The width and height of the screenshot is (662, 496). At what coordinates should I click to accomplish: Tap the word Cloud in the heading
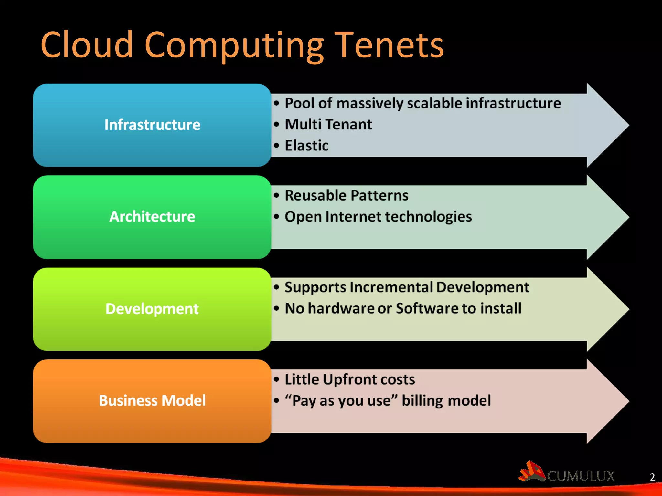pyautogui.click(x=87, y=45)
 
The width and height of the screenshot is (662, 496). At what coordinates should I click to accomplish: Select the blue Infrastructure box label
pyautogui.click(x=152, y=125)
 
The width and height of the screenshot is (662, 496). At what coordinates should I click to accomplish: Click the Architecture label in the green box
pyautogui.click(x=152, y=217)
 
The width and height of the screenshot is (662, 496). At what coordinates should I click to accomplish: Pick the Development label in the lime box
pyautogui.click(x=152, y=309)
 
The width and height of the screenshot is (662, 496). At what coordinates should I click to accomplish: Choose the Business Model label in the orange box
pyautogui.click(x=152, y=401)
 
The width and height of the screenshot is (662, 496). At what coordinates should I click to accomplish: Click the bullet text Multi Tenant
pyautogui.click(x=328, y=124)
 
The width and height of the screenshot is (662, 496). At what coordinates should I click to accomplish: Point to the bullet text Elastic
pyautogui.click(x=306, y=146)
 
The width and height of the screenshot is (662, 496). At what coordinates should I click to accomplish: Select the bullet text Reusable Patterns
pyautogui.click(x=346, y=196)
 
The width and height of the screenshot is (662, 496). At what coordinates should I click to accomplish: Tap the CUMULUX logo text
pyautogui.click(x=581, y=476)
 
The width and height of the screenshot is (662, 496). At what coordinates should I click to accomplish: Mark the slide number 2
pyautogui.click(x=652, y=477)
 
